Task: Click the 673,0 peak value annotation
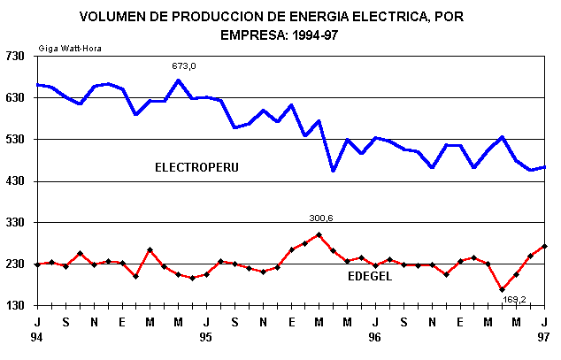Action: [x=184, y=66]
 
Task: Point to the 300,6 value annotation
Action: [x=320, y=218]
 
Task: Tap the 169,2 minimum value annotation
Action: [x=514, y=299]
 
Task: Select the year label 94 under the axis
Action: [x=36, y=337]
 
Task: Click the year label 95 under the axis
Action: [x=205, y=337]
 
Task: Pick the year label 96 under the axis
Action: [x=375, y=337]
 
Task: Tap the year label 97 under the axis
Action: [x=544, y=337]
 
